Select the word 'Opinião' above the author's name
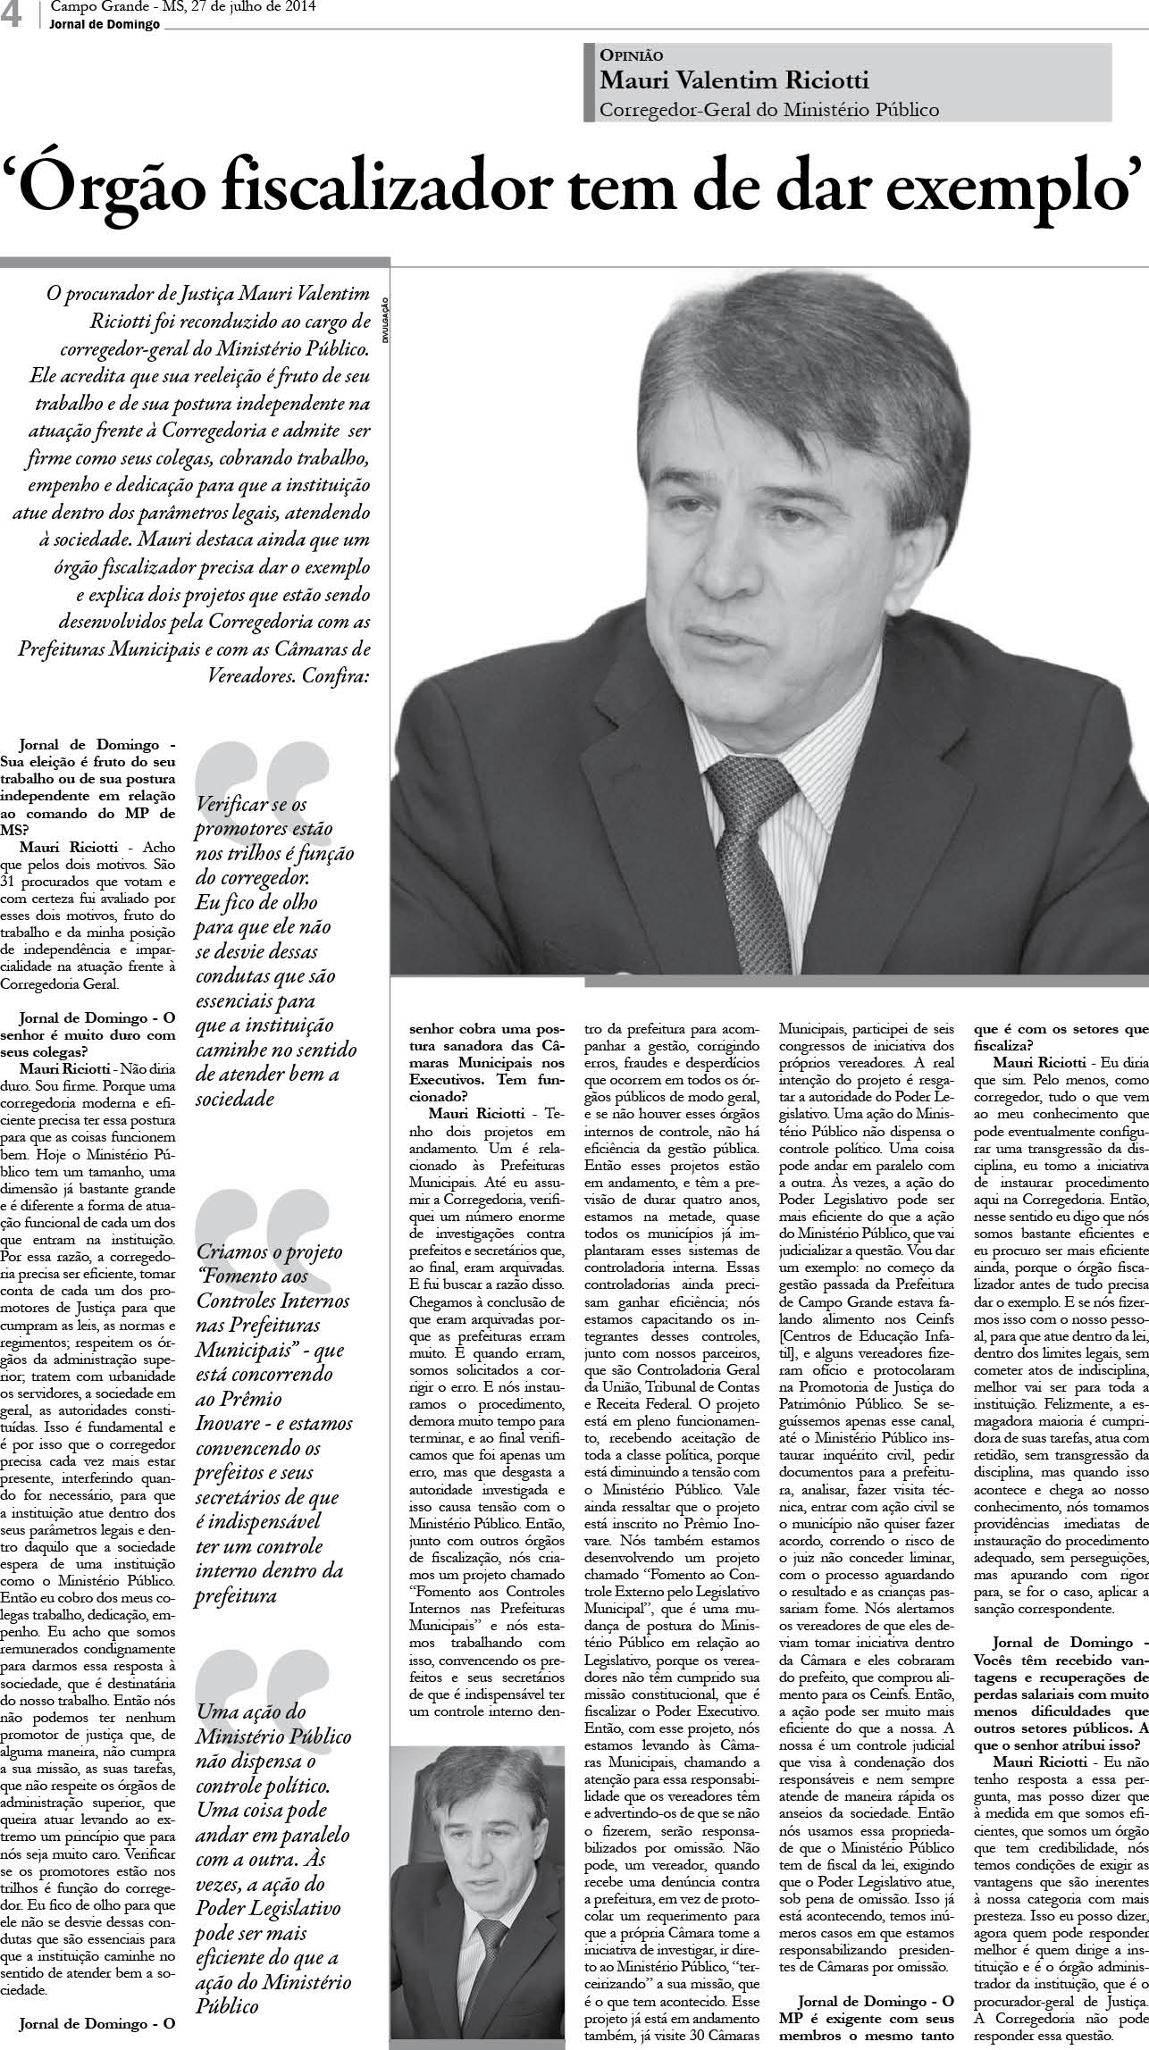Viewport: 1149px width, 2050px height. pyautogui.click(x=632, y=55)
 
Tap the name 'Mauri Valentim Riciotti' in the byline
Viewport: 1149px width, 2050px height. pyautogui.click(x=734, y=81)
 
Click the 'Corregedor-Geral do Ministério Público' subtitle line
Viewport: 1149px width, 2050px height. pyautogui.click(x=769, y=111)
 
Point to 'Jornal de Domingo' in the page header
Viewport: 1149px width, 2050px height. pyautogui.click(x=105, y=24)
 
